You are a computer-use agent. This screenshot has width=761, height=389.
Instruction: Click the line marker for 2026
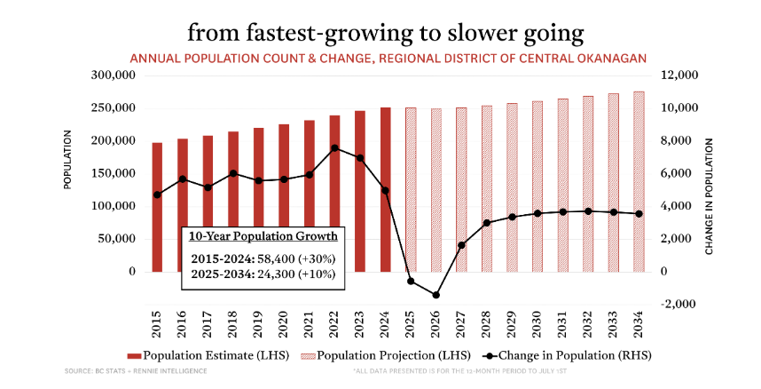coord(436,295)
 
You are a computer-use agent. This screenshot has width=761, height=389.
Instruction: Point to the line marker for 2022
coord(334,148)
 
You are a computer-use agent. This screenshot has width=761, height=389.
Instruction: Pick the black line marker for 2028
coord(487,222)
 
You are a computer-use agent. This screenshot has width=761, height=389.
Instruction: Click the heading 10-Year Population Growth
coord(262,236)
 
